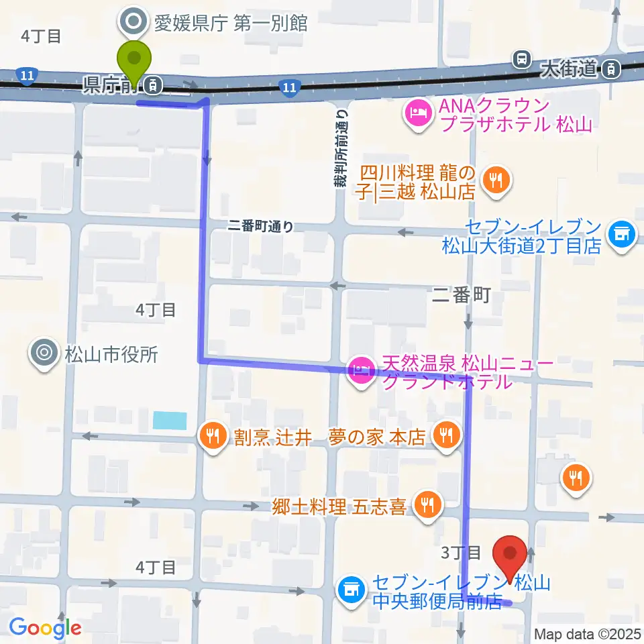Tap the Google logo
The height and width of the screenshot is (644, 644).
pos(46,628)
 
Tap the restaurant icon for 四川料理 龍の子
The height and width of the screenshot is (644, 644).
pos(496,179)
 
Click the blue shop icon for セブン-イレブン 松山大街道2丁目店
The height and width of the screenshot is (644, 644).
pos(621,234)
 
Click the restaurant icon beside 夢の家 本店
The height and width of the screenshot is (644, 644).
pos(444,437)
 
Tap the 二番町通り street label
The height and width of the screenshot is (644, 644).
pos(260,227)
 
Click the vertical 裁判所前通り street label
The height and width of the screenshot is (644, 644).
pos(341,149)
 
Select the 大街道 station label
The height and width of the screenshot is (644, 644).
pos(568,67)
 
